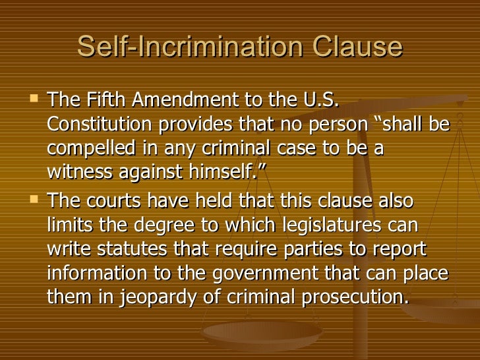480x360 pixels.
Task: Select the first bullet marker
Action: point(36,100)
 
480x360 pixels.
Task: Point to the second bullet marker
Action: point(36,198)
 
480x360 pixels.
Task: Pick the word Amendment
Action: point(180,102)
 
